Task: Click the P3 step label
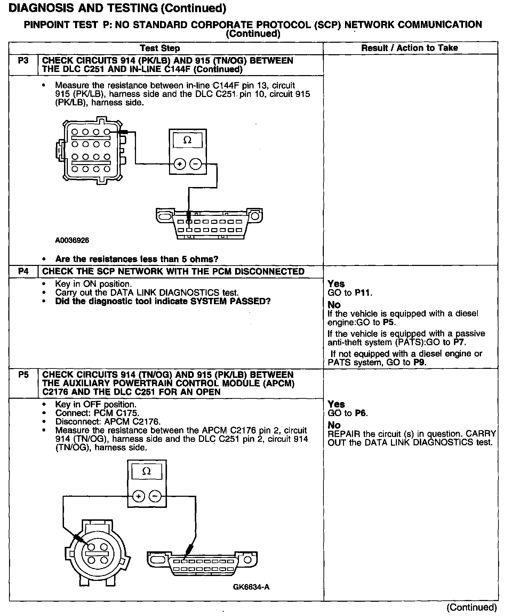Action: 23,60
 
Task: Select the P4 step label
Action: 23,271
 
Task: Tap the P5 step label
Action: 23,375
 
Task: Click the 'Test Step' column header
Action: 160,48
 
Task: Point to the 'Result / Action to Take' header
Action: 409,48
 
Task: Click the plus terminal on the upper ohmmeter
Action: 179,164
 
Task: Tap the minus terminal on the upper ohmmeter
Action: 196,164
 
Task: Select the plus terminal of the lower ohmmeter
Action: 138,496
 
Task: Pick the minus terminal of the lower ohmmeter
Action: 155,496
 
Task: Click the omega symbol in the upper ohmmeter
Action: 187,140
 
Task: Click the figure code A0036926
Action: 72,241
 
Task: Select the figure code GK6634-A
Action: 251,587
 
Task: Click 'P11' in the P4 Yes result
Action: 363,293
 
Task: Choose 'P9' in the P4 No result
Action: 419,363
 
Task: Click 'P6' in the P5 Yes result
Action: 361,413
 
